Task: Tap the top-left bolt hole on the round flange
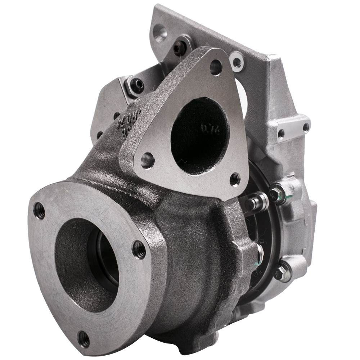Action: pos(39,210)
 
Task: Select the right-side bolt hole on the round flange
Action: pos(139,249)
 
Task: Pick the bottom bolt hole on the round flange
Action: pos(84,338)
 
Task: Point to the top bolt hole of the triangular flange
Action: pos(216,67)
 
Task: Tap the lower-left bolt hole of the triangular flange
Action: pos(147,160)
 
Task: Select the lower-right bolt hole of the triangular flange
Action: pos(235,179)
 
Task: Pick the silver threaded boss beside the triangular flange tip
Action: pos(237,62)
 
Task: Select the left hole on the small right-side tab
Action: pos(281,134)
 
